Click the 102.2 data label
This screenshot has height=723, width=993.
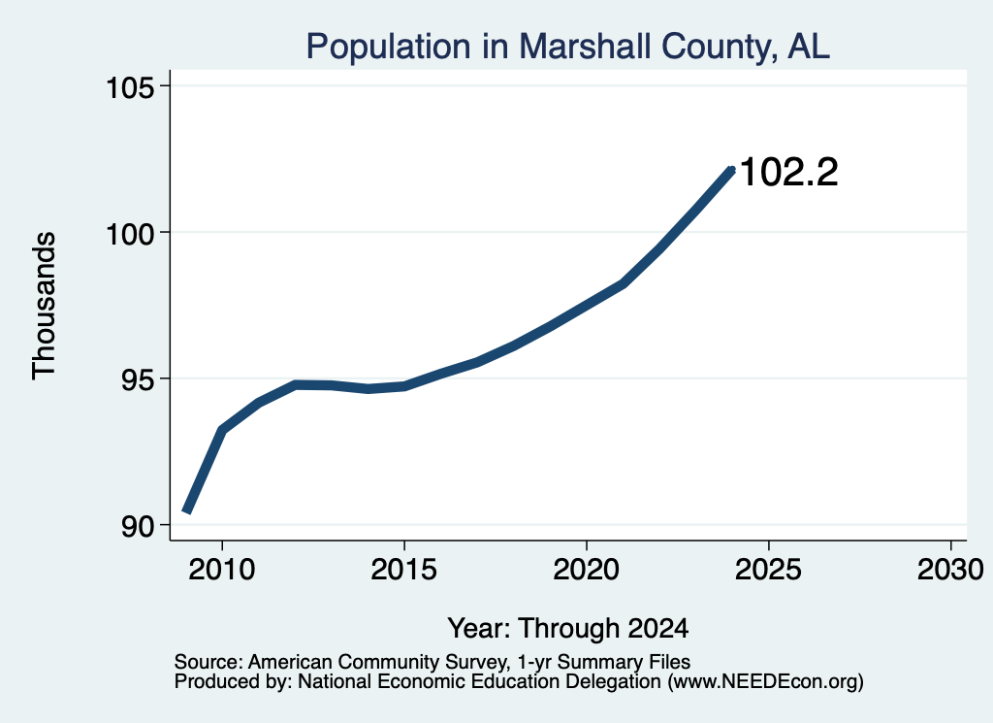click(788, 173)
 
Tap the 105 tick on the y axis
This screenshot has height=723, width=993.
click(129, 86)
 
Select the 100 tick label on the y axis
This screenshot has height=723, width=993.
click(129, 234)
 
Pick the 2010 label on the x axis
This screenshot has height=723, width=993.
click(222, 569)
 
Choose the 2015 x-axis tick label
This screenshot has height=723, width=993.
click(404, 569)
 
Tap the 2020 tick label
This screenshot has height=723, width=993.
click(587, 569)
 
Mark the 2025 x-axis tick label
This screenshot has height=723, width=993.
click(768, 569)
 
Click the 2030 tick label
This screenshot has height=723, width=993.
click(950, 569)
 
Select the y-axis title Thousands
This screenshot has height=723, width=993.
click(44, 306)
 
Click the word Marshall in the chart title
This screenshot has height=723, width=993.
click(585, 47)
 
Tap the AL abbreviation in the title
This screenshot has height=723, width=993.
click(809, 47)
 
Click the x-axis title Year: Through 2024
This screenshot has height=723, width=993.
click(568, 628)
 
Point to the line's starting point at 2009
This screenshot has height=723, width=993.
click(187, 510)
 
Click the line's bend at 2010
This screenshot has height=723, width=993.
click(222, 431)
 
